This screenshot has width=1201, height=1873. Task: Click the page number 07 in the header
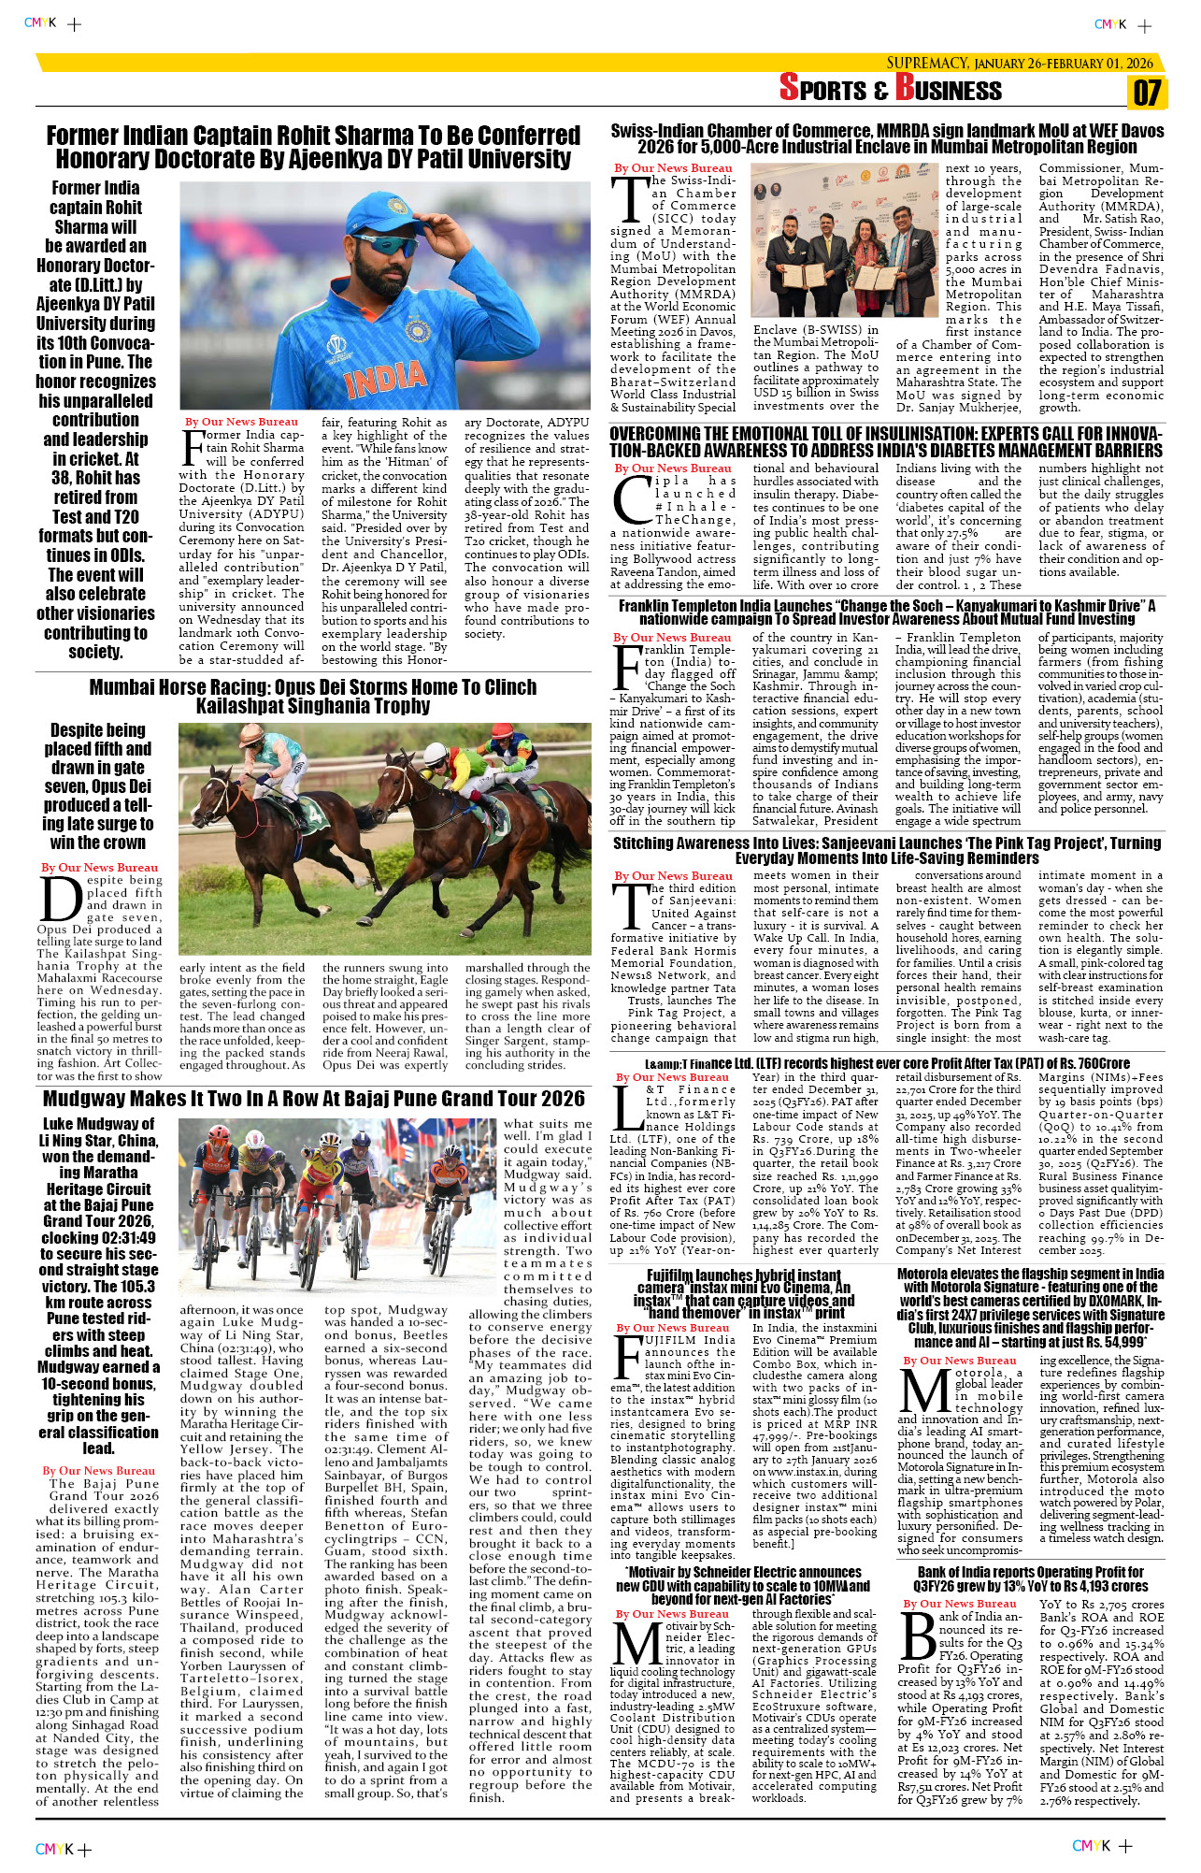pyautogui.click(x=1147, y=93)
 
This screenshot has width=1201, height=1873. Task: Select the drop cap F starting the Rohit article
pyautogui.click(x=192, y=449)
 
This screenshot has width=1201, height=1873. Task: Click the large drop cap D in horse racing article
pyautogui.click(x=62, y=900)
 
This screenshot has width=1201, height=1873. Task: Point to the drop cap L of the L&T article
pyautogui.click(x=625, y=1108)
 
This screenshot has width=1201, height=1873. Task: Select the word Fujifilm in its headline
pyautogui.click(x=675, y=1275)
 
